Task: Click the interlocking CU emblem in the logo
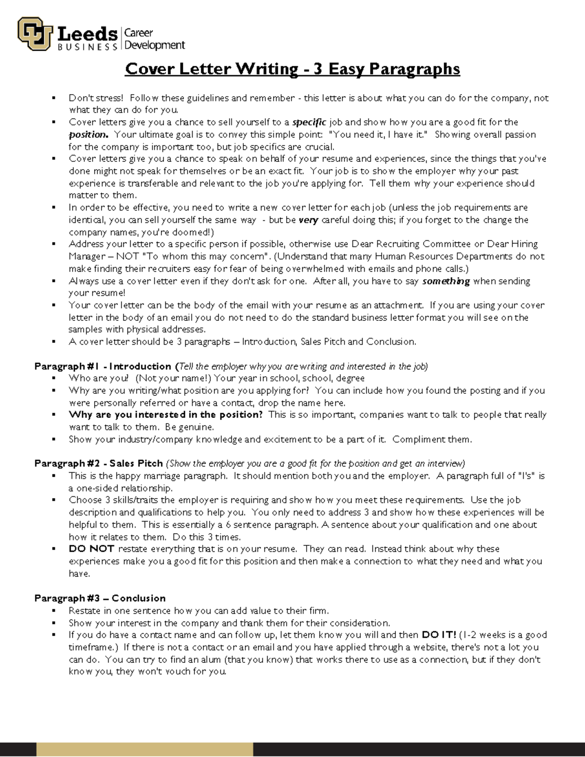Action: [35, 34]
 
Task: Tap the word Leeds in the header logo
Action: [88, 34]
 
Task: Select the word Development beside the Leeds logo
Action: [155, 45]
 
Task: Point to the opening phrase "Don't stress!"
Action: [96, 98]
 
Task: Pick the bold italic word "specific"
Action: [309, 122]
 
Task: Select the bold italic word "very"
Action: [308, 220]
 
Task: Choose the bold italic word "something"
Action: [446, 281]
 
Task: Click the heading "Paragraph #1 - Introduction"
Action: [103, 366]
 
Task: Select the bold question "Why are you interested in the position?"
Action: [166, 415]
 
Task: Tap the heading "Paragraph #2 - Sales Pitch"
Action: [98, 463]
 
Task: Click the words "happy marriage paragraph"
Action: [163, 476]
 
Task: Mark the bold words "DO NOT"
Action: [91, 549]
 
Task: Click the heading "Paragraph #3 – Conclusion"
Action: [100, 598]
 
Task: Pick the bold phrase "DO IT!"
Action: [439, 635]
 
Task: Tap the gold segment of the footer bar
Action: [145, 750]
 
